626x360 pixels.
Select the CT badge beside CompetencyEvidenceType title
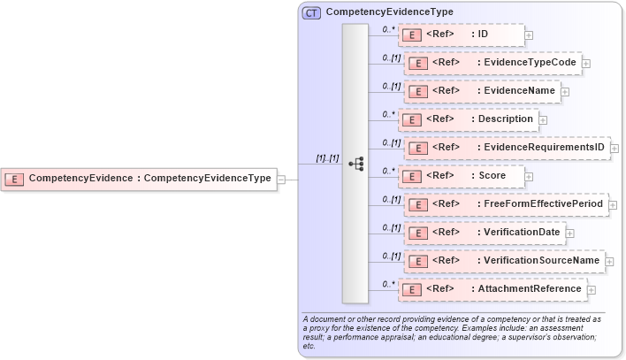click(x=311, y=12)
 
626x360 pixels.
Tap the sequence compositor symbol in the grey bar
click(x=355, y=164)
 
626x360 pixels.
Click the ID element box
click(x=461, y=34)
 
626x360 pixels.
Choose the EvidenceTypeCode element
click(x=492, y=63)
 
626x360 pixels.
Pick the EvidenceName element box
click(x=482, y=91)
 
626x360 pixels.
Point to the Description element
click(x=468, y=119)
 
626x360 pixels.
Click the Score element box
click(x=461, y=176)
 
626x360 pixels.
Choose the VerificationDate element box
click(x=485, y=233)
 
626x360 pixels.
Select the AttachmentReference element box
click(x=492, y=289)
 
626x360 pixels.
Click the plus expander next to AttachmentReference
click(x=592, y=289)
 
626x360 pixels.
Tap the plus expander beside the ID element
click(x=529, y=35)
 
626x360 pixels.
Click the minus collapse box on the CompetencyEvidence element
click(x=281, y=179)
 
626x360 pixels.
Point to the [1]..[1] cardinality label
click(x=327, y=158)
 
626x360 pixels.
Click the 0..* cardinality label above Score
click(x=388, y=170)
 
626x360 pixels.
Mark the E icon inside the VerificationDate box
click(x=418, y=234)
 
